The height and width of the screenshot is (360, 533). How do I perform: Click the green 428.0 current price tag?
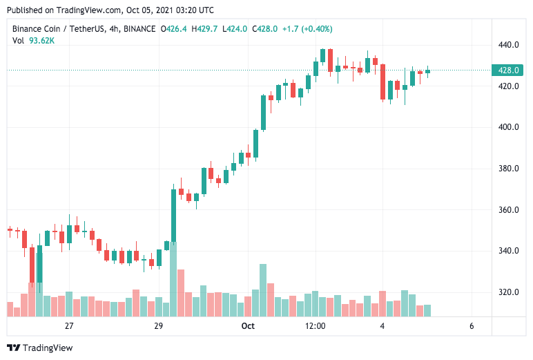click(x=508, y=70)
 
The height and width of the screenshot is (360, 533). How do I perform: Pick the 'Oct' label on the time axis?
click(x=248, y=325)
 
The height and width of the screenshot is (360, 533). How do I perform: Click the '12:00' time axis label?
click(x=315, y=325)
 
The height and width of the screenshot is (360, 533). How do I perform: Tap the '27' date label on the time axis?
click(x=69, y=325)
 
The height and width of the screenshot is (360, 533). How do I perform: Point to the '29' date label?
click(x=158, y=325)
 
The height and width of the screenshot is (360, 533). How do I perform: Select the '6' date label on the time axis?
click(x=471, y=325)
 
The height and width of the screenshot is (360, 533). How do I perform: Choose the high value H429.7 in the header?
click(x=204, y=29)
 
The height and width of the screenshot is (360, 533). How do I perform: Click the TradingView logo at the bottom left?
click(x=39, y=348)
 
